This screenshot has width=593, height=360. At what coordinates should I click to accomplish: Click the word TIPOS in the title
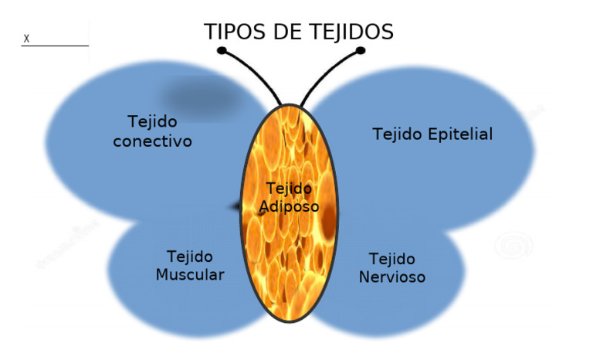(232, 32)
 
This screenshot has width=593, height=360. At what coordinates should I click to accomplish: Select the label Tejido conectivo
(152, 131)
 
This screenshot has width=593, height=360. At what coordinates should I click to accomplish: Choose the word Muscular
(190, 275)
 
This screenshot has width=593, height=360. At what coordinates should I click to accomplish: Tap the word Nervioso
(392, 277)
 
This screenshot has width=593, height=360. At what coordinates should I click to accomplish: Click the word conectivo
(152, 141)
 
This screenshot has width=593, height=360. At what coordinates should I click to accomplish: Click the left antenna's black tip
(222, 51)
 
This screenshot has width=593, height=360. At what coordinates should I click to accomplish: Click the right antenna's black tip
(360, 51)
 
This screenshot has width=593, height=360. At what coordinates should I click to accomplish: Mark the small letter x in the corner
(26, 38)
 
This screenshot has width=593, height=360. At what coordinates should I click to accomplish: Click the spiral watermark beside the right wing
(514, 246)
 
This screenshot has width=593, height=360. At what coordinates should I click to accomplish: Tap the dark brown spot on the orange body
(329, 219)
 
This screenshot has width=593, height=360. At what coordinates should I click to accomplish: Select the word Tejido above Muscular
(190, 256)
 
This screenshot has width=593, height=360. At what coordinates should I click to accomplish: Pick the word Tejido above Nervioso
(391, 259)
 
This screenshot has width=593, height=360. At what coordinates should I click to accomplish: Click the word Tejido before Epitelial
(398, 134)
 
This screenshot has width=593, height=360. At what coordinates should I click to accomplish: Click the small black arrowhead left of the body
(235, 206)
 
